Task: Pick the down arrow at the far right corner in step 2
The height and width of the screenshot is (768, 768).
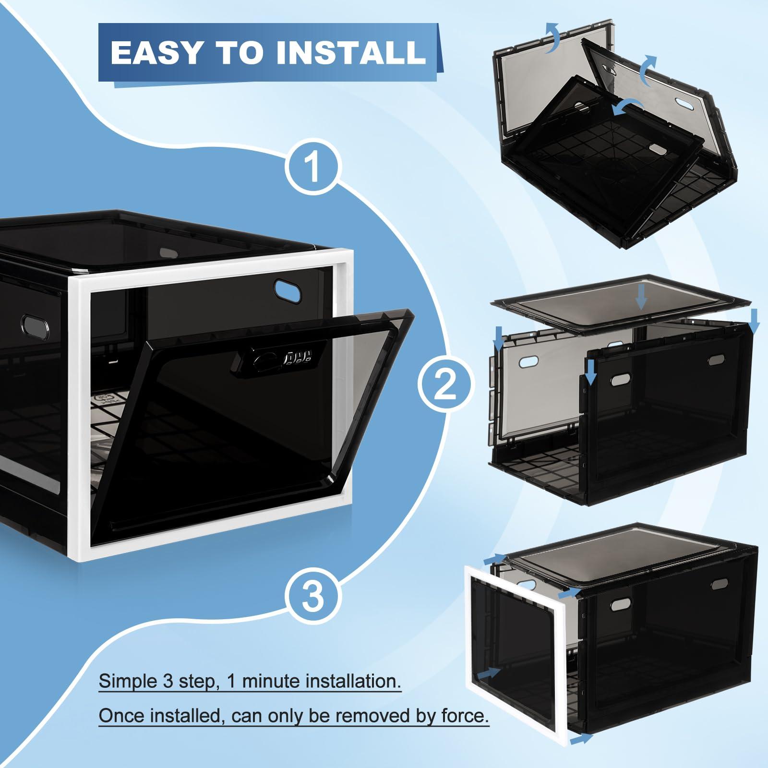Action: [x=754, y=322]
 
